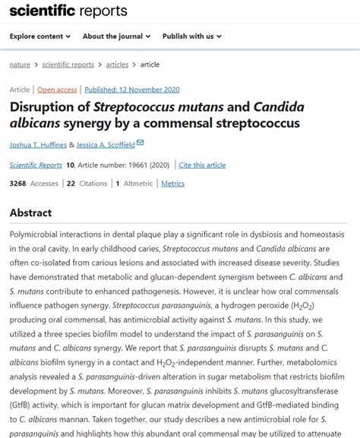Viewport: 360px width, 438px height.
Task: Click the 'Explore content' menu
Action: pyautogui.click(x=40, y=36)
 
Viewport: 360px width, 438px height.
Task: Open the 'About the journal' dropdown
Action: pyautogui.click(x=114, y=36)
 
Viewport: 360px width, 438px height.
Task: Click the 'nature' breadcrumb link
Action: pyautogui.click(x=20, y=65)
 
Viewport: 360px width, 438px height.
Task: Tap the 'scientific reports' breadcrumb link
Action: pyautogui.click(x=69, y=65)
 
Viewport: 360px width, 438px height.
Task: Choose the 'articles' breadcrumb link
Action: pyautogui.click(x=116, y=65)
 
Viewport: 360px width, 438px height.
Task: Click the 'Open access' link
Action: pyautogui.click(x=57, y=89)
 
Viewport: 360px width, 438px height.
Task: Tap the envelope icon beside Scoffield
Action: pyautogui.click(x=140, y=143)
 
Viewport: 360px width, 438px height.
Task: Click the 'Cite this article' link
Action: pyautogui.click(x=202, y=165)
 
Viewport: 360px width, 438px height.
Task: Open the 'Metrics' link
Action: pyautogui.click(x=172, y=183)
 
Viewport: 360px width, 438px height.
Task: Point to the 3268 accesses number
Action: pyautogui.click(x=17, y=183)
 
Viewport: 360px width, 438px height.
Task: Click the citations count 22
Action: pyautogui.click(x=71, y=183)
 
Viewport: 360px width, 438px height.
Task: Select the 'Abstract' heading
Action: pyautogui.click(x=30, y=213)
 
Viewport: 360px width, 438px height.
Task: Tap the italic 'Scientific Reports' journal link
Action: pyautogui.click(x=36, y=165)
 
